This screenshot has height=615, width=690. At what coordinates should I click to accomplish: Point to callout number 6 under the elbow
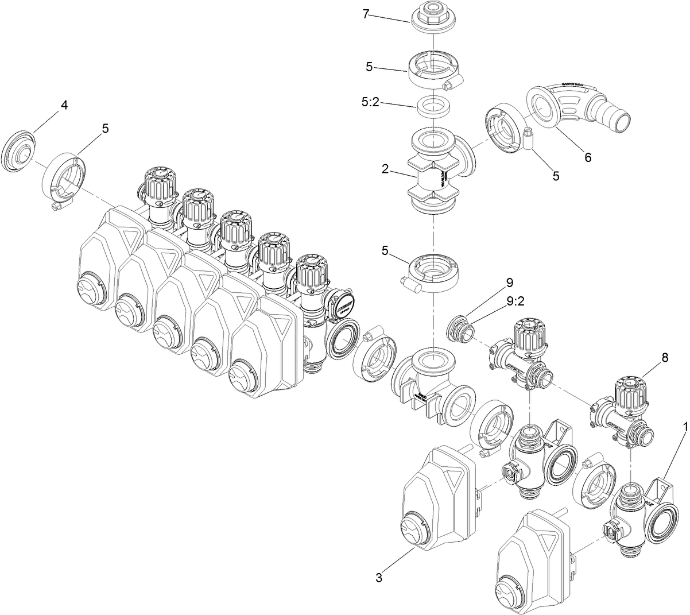pyautogui.click(x=587, y=157)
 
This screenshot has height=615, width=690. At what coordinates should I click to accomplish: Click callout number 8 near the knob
pyautogui.click(x=664, y=357)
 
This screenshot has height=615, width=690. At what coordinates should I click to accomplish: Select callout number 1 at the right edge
pyautogui.click(x=684, y=428)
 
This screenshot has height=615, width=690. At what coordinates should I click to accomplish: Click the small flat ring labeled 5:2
pyautogui.click(x=433, y=106)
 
